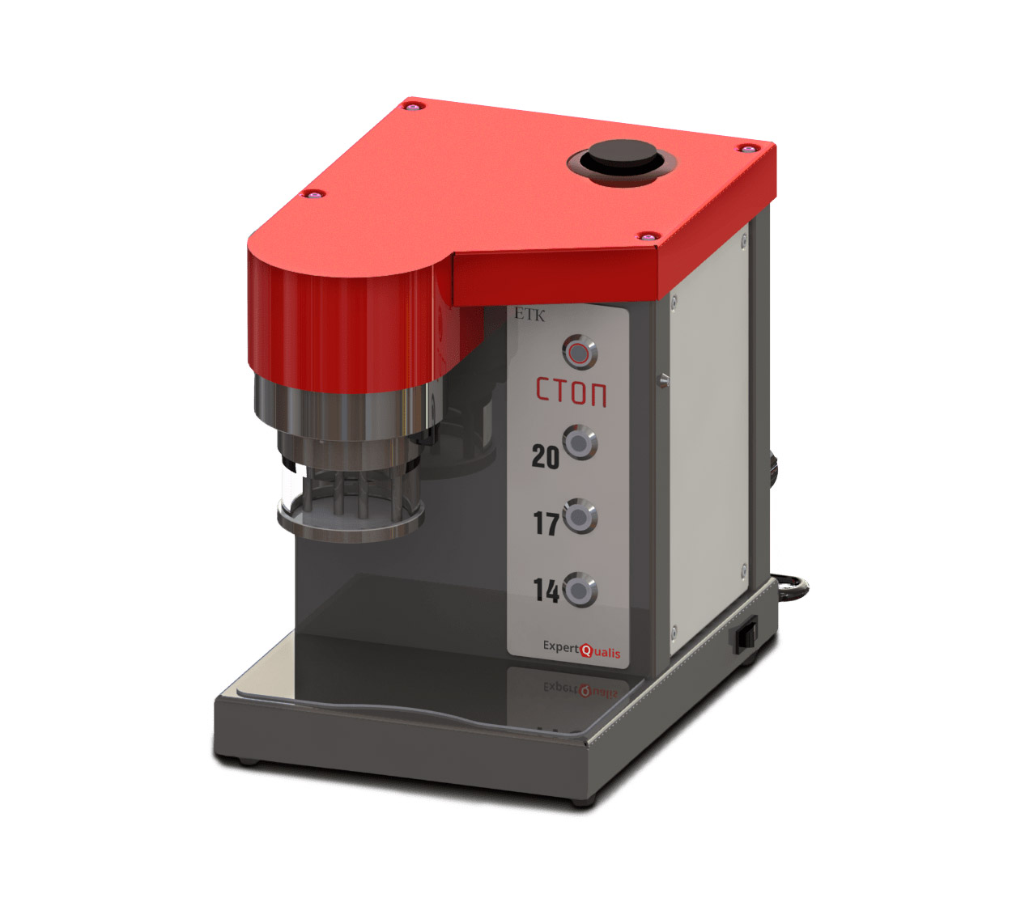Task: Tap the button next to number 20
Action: coord(580,443)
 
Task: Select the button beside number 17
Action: coord(580,516)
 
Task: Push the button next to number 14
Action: coord(580,590)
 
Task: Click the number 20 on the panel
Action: coord(545,456)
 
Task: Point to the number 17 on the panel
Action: coord(546,523)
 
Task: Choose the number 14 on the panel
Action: coord(546,591)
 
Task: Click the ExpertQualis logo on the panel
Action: coord(581,650)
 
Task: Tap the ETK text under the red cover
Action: coord(529,315)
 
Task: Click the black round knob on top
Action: coord(622,159)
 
